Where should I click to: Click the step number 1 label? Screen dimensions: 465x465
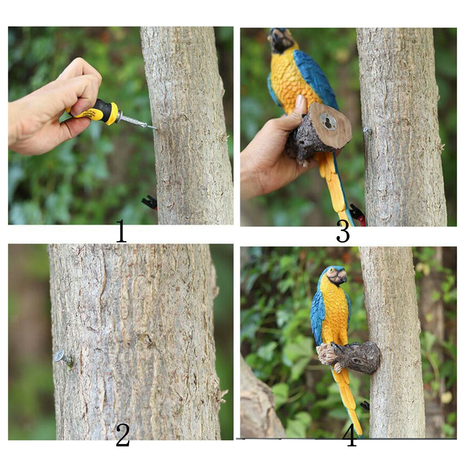[x=121, y=231]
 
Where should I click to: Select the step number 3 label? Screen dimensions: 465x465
[x=343, y=232]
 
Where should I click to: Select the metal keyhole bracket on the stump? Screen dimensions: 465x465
[x=328, y=121]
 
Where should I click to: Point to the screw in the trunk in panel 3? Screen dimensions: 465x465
[x=367, y=131]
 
